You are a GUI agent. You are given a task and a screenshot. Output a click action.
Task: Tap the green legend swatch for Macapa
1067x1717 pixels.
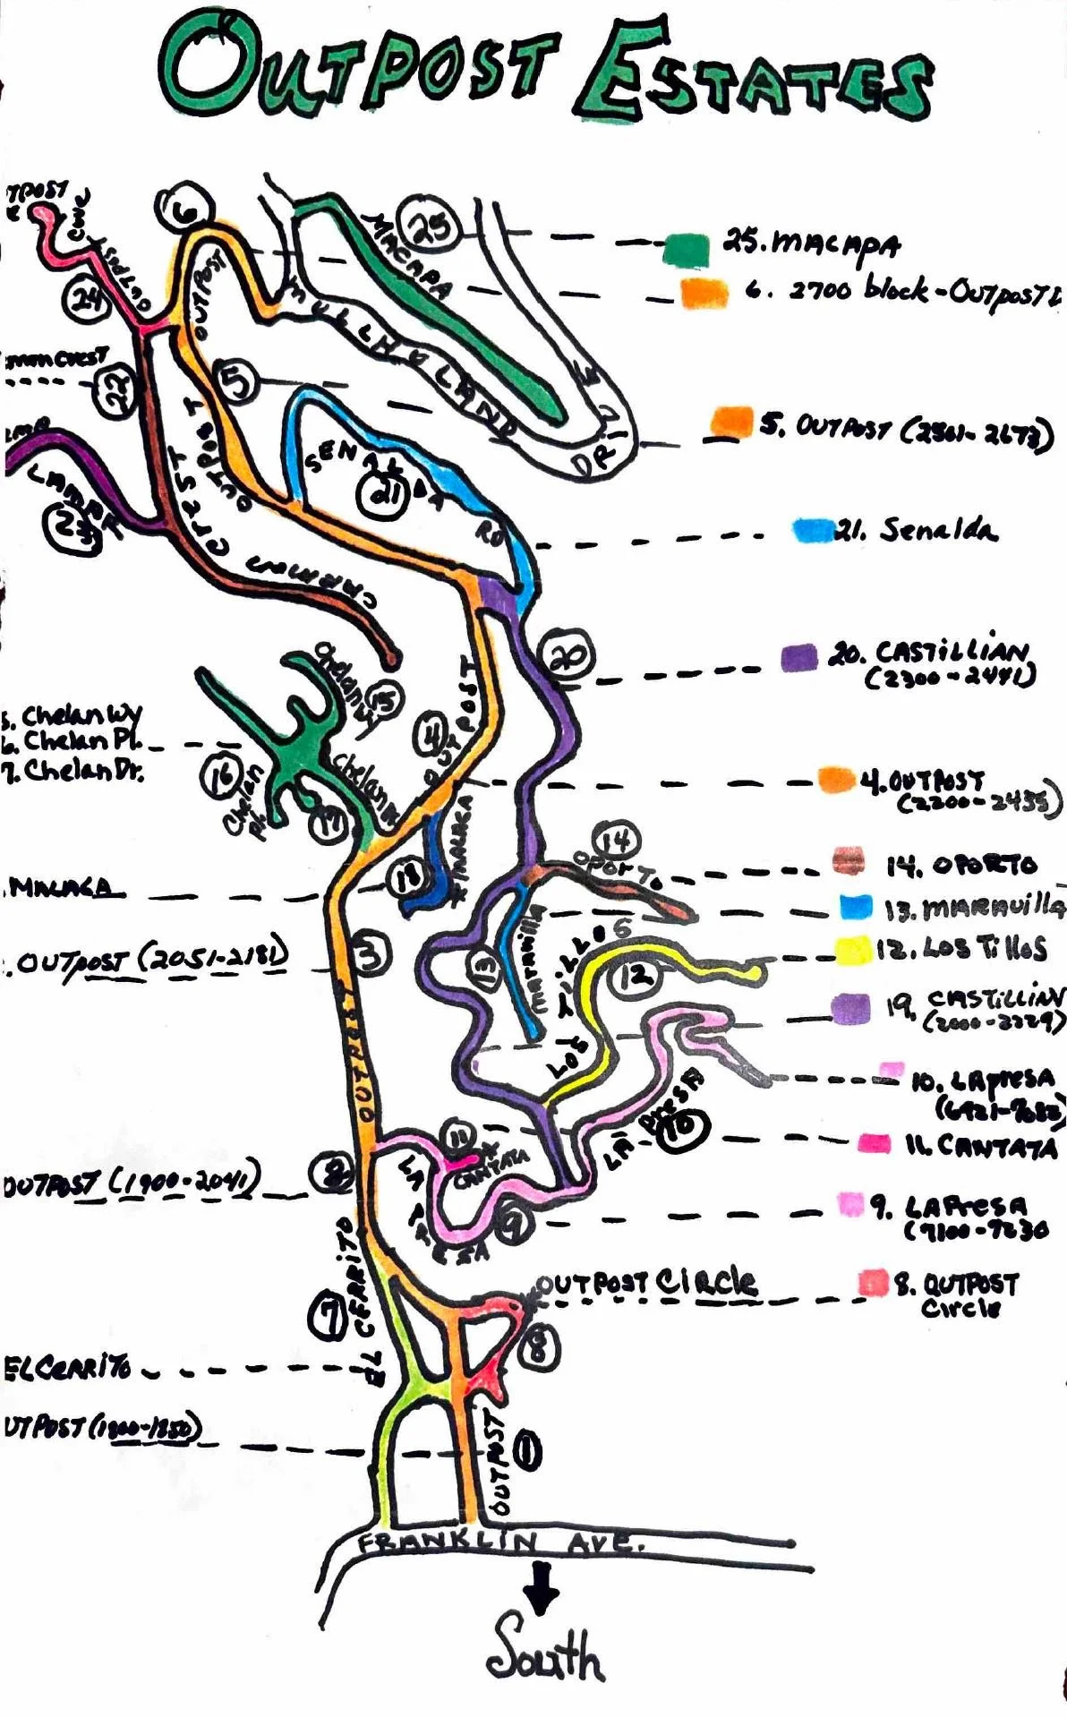687,248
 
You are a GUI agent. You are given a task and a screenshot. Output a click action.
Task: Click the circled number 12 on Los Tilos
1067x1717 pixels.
637,973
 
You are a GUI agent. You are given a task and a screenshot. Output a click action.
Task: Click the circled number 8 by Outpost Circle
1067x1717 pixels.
538,1345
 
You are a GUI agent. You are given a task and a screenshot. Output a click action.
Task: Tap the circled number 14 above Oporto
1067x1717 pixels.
617,841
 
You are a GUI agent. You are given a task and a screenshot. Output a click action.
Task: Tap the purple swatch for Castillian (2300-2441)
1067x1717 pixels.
798,657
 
